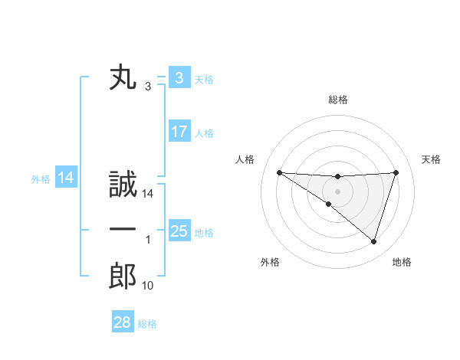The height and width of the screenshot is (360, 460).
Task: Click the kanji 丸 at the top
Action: tap(123, 78)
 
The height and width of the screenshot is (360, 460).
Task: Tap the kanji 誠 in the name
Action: tap(123, 185)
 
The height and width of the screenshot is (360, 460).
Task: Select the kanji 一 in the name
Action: tap(123, 230)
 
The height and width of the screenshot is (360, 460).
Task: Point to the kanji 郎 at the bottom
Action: tap(123, 275)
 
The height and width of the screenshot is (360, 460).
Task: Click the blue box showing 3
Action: tap(179, 78)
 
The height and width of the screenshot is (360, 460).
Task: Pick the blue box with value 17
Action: tap(179, 132)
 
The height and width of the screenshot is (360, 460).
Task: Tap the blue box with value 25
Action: tap(179, 231)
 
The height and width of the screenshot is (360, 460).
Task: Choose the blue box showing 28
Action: tap(122, 322)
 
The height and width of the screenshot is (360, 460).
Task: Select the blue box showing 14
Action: tap(66, 178)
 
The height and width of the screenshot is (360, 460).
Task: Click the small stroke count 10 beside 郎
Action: tap(148, 286)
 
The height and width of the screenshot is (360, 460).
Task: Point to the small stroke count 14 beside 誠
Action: tap(148, 195)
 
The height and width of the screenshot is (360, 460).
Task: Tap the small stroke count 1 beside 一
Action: tap(148, 241)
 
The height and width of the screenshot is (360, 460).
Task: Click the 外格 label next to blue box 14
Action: tap(41, 179)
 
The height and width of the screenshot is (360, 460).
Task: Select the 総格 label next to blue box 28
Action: tap(147, 324)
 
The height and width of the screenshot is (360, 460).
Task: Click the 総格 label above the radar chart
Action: tap(337, 100)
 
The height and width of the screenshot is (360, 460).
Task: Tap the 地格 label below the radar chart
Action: tap(402, 262)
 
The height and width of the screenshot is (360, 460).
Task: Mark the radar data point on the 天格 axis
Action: tap(396, 172)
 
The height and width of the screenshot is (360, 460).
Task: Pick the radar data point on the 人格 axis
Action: tap(279, 172)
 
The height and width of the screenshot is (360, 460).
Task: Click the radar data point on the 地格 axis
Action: tap(373, 241)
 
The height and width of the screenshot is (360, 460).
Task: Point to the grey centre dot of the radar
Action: tap(337, 191)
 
